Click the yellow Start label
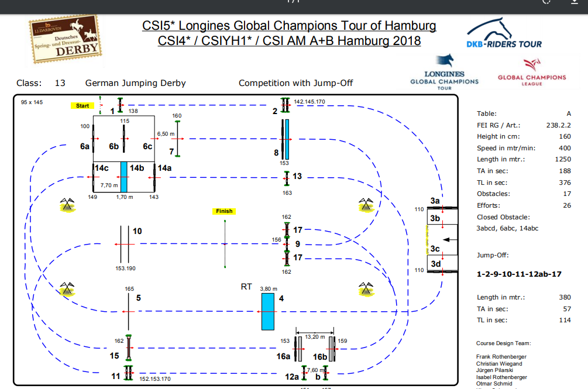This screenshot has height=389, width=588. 82,106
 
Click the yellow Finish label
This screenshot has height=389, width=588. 224,211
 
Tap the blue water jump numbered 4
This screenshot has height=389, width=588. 268,311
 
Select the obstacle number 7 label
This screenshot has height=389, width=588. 171,152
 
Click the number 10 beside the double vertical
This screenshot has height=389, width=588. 137,231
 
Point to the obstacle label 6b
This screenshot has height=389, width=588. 114,147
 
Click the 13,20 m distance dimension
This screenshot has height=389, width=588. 315,336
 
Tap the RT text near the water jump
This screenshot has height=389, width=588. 246,287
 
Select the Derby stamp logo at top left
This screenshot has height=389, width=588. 66,39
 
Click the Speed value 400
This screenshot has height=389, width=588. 565,148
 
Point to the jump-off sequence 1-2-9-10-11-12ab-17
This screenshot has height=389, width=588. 519,274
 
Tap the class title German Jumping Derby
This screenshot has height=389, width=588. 135,83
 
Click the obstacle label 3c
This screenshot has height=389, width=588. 435,249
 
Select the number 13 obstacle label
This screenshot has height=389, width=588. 297,176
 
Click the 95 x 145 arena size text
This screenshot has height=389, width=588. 32,102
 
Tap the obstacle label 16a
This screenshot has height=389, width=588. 283,356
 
